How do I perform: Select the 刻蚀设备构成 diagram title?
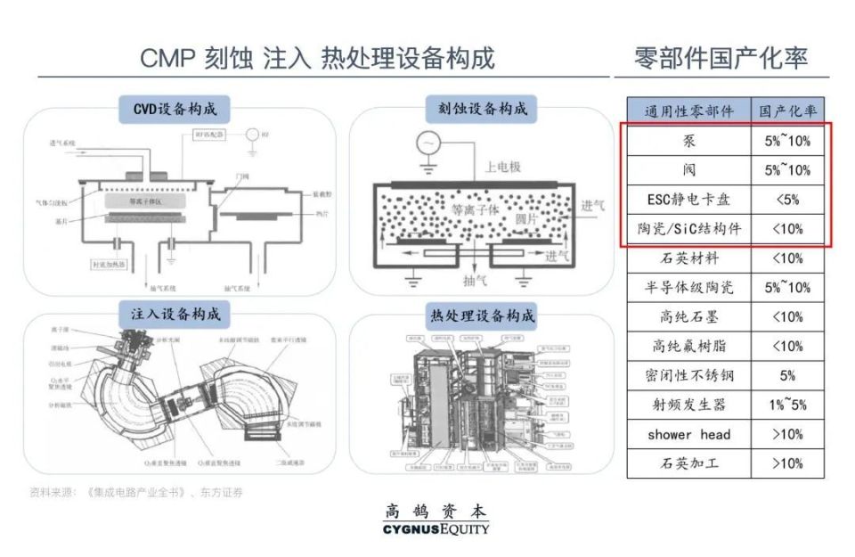(x=482, y=110)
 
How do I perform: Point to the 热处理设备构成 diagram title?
(x=482, y=316)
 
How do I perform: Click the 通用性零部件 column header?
(x=688, y=111)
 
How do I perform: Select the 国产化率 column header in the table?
(x=787, y=111)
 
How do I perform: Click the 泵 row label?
(x=688, y=141)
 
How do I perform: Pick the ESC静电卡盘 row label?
(x=688, y=200)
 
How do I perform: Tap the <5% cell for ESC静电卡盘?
(x=787, y=200)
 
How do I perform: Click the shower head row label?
(x=688, y=435)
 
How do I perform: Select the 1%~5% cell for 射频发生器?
(x=787, y=405)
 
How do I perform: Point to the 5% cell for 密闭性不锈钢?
(x=787, y=376)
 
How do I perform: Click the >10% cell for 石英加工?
(x=787, y=463)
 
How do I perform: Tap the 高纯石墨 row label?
(x=688, y=317)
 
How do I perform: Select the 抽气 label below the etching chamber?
(x=475, y=280)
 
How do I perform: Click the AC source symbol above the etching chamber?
(x=430, y=143)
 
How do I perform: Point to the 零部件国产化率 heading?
(x=721, y=58)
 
